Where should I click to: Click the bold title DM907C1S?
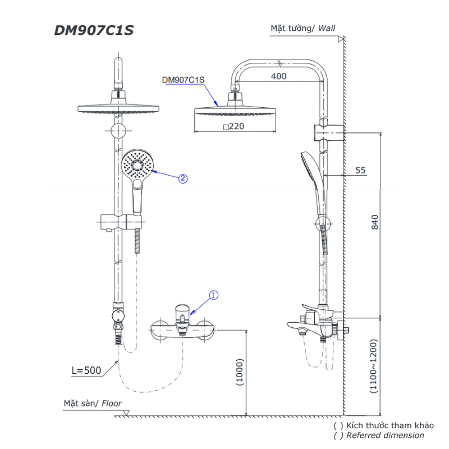pos(94,30)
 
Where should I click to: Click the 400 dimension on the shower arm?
pos(278,76)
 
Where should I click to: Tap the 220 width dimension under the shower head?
pos(234,126)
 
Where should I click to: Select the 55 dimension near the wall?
pos(360,171)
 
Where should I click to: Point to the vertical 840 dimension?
pos(375,222)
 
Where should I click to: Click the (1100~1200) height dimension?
pos(373,366)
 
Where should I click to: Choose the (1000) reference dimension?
pos(240,372)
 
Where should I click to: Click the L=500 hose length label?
pos(86,370)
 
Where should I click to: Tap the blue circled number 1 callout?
pos(214,295)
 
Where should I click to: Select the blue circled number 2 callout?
pos(184,178)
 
